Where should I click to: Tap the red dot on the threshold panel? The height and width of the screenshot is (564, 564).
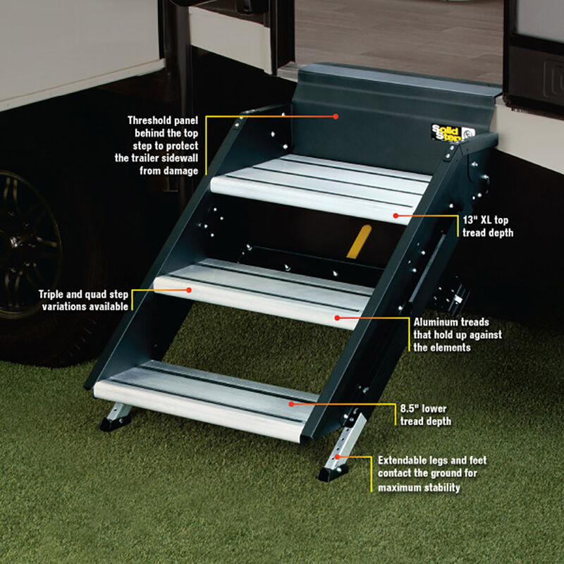(336, 116)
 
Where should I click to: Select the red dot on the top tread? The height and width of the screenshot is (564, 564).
(397, 215)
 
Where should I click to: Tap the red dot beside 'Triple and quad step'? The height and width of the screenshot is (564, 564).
(190, 289)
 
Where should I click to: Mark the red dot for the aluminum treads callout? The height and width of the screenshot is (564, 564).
(338, 318)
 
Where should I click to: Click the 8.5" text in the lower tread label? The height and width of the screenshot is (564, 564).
(409, 409)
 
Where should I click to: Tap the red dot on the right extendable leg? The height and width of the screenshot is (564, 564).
(338, 457)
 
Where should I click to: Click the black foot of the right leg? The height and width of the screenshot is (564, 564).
(332, 473)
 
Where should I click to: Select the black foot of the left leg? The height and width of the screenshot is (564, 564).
(112, 424)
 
